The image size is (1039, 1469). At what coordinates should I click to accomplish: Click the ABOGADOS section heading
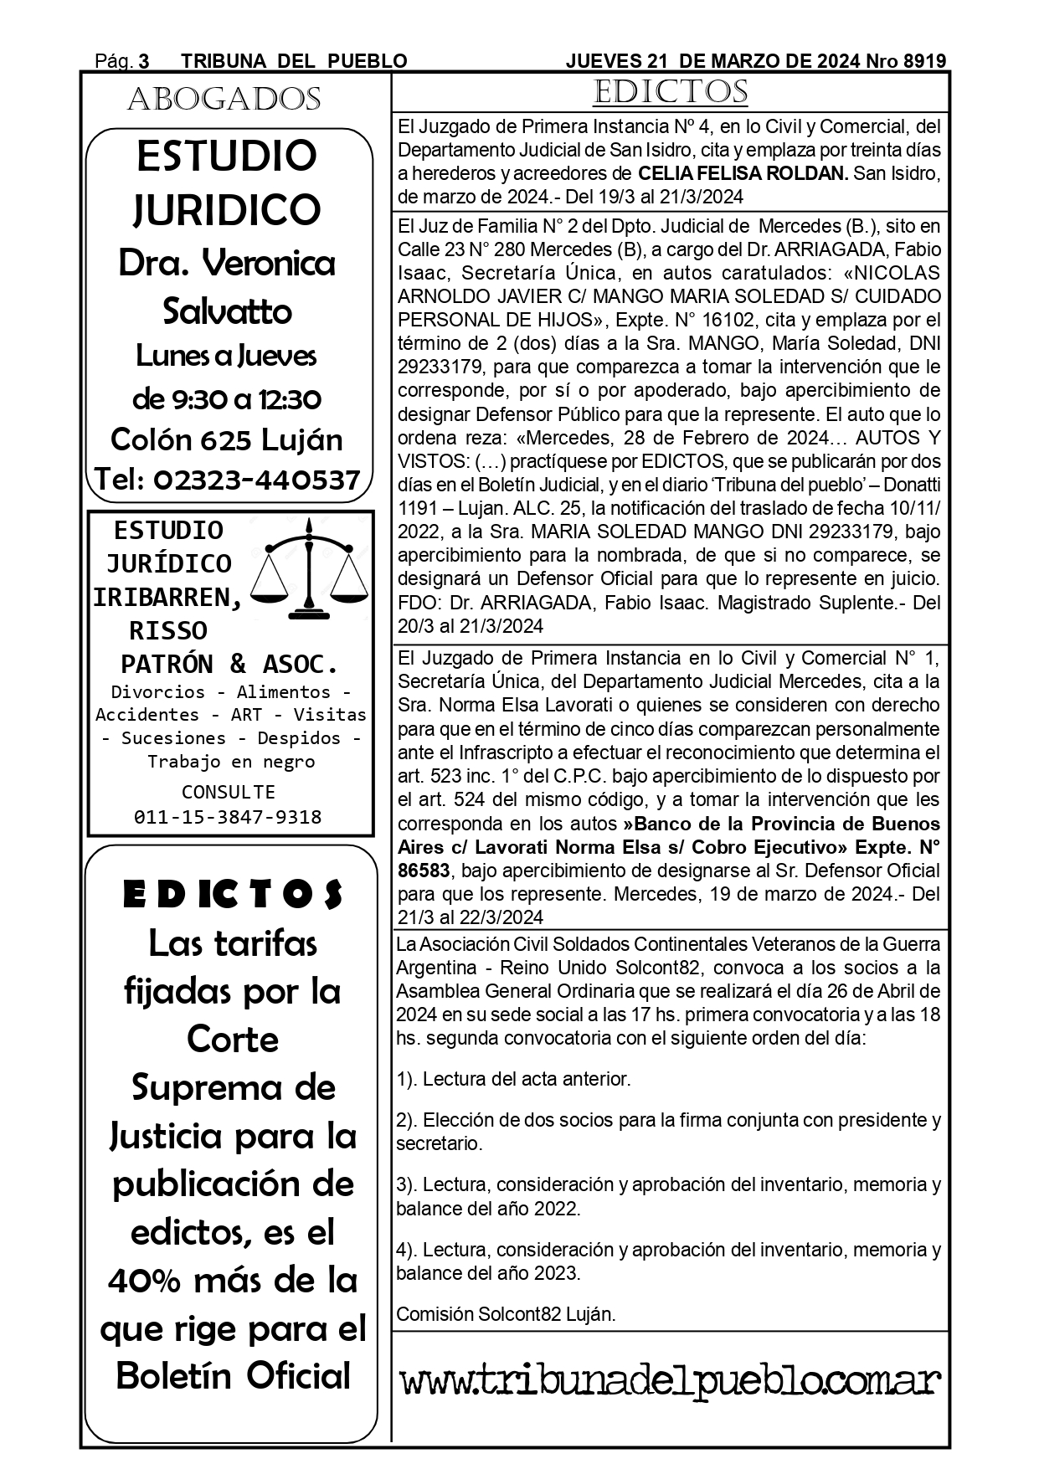pyautogui.click(x=224, y=100)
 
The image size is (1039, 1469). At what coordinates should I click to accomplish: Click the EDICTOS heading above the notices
pyautogui.click(x=670, y=92)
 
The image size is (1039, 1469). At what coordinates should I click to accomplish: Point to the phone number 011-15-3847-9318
pyautogui.click(x=228, y=817)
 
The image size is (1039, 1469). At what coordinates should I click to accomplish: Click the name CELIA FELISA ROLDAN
pyautogui.click(x=743, y=174)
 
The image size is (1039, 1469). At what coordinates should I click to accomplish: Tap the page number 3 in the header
pyautogui.click(x=144, y=61)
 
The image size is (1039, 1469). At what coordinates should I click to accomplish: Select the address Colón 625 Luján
pyautogui.click(x=227, y=439)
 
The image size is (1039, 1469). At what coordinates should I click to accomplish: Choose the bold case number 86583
pyautogui.click(x=424, y=870)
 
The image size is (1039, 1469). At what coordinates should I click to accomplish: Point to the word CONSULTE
pyautogui.click(x=229, y=791)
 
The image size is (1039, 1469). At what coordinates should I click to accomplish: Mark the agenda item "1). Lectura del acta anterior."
pyautogui.click(x=513, y=1079)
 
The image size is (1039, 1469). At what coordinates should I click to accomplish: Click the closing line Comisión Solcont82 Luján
pyautogui.click(x=506, y=1313)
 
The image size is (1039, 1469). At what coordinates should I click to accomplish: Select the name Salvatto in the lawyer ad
pyautogui.click(x=227, y=311)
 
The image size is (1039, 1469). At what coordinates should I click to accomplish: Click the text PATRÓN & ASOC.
pyautogui.click(x=229, y=664)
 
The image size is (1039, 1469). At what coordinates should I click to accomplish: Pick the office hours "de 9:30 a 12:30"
pyautogui.click(x=227, y=398)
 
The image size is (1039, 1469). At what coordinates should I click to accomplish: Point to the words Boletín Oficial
pyautogui.click(x=233, y=1376)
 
